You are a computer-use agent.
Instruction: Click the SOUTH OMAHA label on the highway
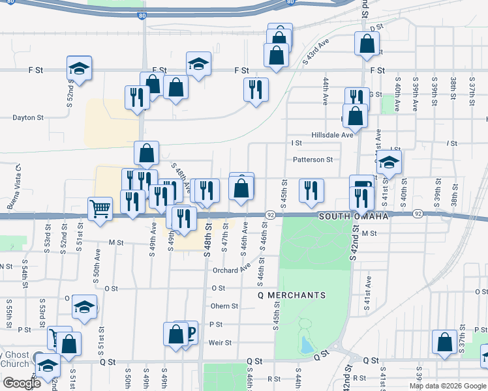pyautogui.click(x=353, y=216)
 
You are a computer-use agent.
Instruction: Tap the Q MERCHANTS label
pyautogui.click(x=291, y=295)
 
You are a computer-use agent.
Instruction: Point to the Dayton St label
pyautogui.click(x=28, y=118)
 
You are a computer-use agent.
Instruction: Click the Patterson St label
pyautogui.click(x=313, y=159)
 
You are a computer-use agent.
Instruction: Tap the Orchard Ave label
pyautogui.click(x=232, y=270)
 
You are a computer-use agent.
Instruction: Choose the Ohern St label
pyautogui.click(x=224, y=306)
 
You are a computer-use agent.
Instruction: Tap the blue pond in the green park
pyautogui.click(x=305, y=345)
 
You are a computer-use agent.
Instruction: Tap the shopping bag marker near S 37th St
pyautogui.click(x=444, y=343)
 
